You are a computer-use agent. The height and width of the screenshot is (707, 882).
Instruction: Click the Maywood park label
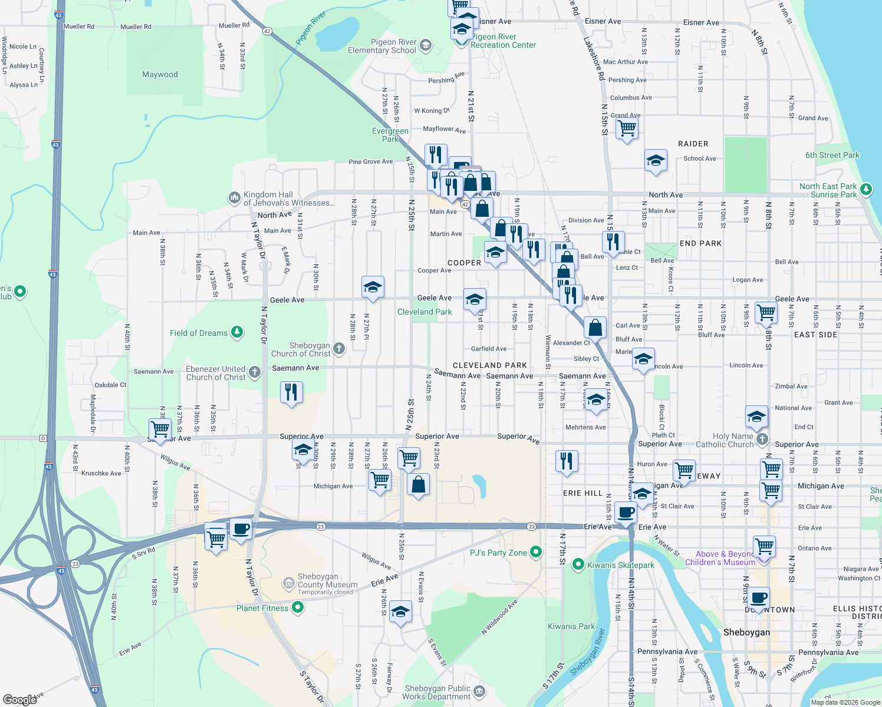click(x=160, y=75)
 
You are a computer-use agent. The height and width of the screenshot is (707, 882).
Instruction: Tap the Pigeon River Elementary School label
click(x=382, y=47)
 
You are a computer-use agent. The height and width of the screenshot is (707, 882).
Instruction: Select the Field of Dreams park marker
click(x=237, y=333)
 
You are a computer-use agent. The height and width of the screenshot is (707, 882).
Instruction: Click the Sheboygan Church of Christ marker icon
click(x=339, y=348)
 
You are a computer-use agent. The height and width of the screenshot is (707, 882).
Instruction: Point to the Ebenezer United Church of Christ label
click(x=216, y=373)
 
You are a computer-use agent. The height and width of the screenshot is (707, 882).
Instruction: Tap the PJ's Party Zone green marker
click(x=536, y=552)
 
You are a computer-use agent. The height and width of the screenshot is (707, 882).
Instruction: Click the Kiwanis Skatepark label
click(x=621, y=565)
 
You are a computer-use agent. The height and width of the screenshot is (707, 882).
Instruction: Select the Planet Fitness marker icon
click(x=298, y=607)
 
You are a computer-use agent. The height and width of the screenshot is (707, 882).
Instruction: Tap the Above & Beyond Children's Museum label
click(x=720, y=558)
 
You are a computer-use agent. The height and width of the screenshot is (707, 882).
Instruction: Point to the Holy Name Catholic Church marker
click(x=762, y=439)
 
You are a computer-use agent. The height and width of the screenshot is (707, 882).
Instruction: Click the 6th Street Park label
click(x=832, y=156)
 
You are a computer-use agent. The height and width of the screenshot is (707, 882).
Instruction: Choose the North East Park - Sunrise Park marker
click(x=866, y=189)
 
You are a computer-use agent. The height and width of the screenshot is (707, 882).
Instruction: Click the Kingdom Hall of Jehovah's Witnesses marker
click(x=235, y=197)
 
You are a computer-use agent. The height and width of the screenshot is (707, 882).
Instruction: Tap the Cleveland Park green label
click(x=424, y=312)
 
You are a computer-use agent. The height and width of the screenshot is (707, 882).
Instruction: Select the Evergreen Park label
click(x=390, y=135)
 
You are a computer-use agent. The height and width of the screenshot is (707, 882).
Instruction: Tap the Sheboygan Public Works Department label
click(x=437, y=692)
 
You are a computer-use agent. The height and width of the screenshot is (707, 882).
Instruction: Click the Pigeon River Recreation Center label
click(x=503, y=41)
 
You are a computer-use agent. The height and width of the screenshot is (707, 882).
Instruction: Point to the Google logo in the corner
click(x=20, y=699)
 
